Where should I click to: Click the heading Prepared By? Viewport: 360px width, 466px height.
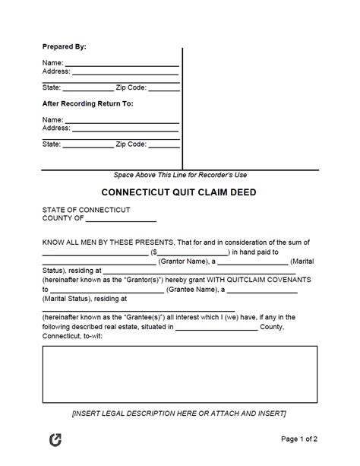point(64,46)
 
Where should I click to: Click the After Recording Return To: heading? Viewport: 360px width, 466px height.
point(87,103)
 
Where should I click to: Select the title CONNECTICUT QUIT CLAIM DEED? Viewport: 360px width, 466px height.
point(180,192)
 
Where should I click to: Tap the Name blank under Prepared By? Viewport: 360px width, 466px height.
point(122,64)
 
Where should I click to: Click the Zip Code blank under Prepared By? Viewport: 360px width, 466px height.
point(163,89)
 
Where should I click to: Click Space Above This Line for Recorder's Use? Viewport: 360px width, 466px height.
point(180,174)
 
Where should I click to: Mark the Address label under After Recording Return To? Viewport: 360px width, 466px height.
point(56,128)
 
